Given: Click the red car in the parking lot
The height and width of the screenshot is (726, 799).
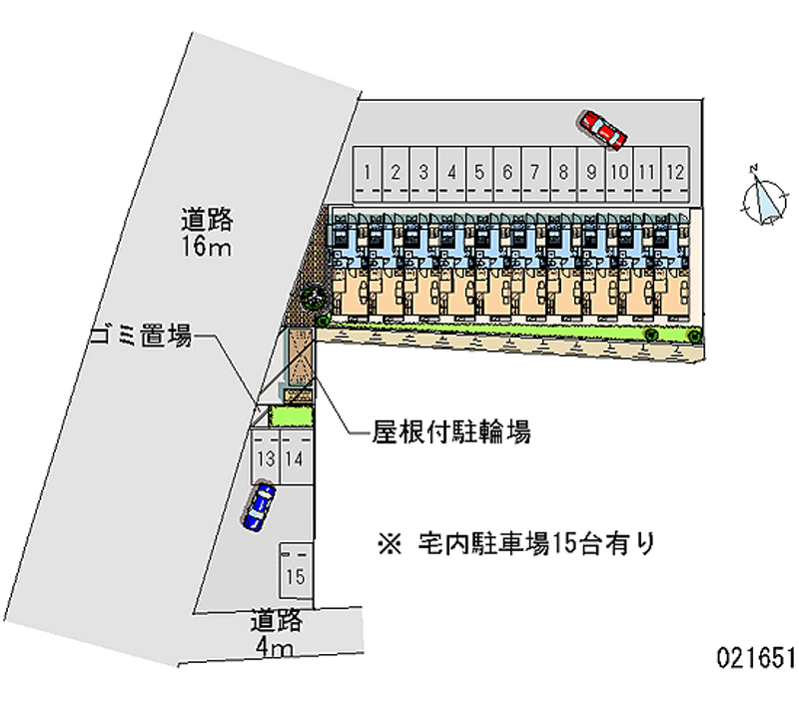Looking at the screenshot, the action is pyautogui.click(x=601, y=130).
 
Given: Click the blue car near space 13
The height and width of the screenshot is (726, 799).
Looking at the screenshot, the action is pyautogui.click(x=259, y=507).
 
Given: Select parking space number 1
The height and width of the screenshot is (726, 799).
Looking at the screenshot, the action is pyautogui.click(x=367, y=174).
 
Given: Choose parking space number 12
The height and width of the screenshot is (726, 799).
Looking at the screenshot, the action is pyautogui.click(x=675, y=174).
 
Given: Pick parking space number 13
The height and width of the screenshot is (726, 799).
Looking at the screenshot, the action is pyautogui.click(x=265, y=457).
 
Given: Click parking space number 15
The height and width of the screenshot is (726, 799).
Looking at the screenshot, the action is pyautogui.click(x=295, y=570).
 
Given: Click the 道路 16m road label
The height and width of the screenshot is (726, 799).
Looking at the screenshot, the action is pyautogui.click(x=207, y=233).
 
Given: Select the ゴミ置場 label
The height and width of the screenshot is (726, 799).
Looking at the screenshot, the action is pyautogui.click(x=141, y=336).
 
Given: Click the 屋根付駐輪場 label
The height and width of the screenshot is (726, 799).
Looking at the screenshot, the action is pyautogui.click(x=451, y=432).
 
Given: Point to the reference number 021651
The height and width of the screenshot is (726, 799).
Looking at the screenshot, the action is pyautogui.click(x=755, y=657).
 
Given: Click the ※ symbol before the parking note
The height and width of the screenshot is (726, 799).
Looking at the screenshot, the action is pyautogui.click(x=390, y=544).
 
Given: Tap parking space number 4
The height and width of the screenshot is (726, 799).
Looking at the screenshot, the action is pyautogui.click(x=451, y=174).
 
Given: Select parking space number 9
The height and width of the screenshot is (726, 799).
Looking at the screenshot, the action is pyautogui.click(x=591, y=174).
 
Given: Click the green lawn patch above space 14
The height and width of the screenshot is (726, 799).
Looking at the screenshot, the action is pyautogui.click(x=290, y=416).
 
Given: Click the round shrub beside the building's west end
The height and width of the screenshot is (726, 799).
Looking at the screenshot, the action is pyautogui.click(x=313, y=297).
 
